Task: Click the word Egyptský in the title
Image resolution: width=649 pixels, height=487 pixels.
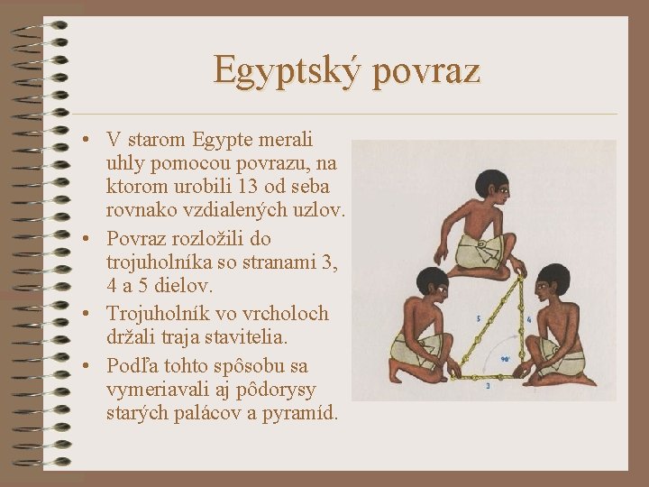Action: click(x=281, y=70)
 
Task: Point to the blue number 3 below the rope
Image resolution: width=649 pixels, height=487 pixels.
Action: click(x=488, y=386)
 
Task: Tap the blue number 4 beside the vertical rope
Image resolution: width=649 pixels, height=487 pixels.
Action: click(x=527, y=318)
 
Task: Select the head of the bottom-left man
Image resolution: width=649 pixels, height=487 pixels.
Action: click(x=434, y=284)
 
